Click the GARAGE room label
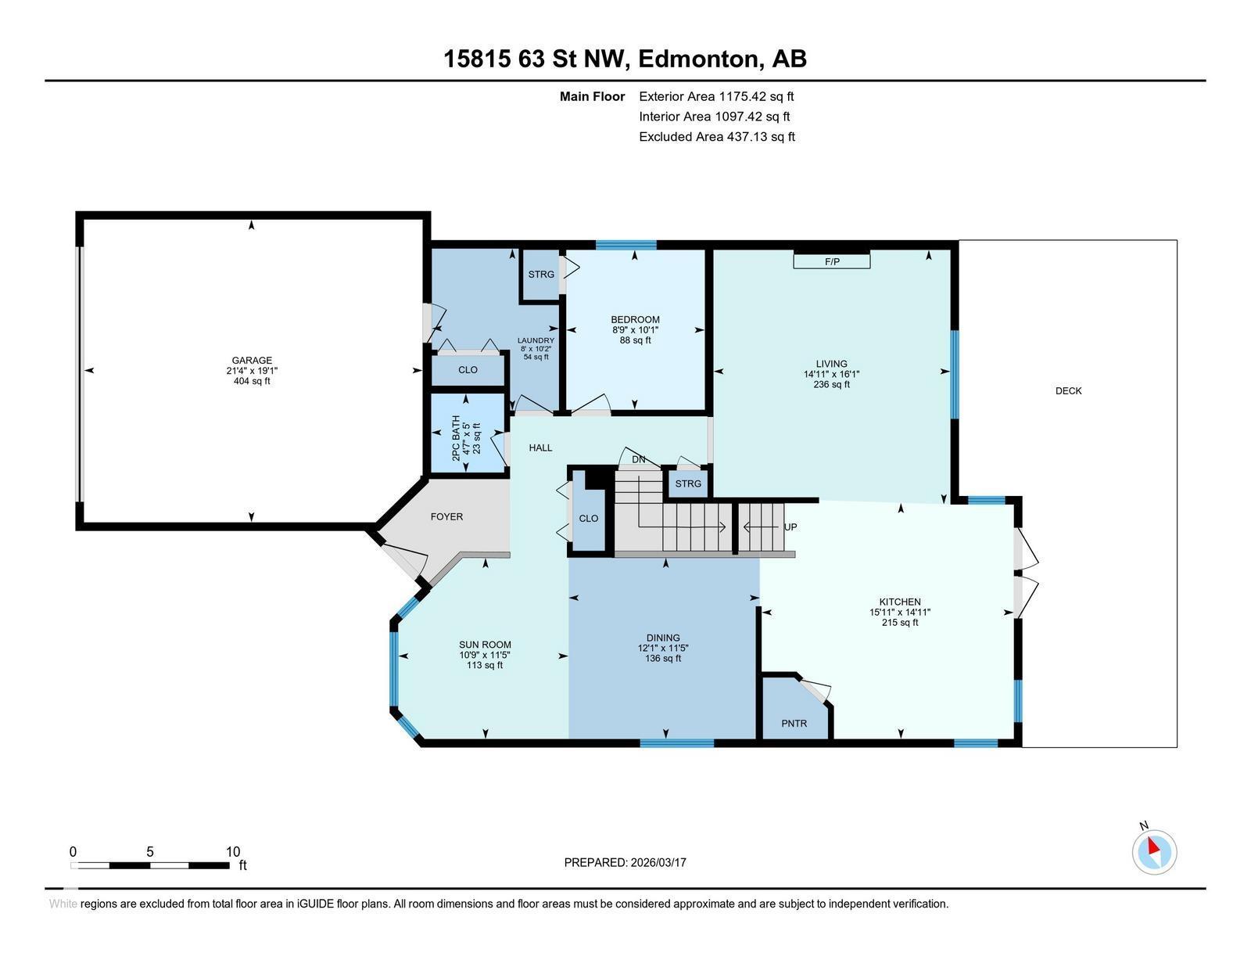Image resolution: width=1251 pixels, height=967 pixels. point(252,361)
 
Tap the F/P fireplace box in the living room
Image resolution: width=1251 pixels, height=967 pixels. point(831,261)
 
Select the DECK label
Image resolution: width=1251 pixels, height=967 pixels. point(1069,390)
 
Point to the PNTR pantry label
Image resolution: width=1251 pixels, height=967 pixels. point(794,724)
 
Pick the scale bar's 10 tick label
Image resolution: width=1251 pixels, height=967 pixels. point(232,851)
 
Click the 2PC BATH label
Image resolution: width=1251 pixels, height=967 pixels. point(456,438)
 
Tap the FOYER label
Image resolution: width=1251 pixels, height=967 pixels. point(446,516)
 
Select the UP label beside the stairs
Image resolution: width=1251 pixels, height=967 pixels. point(790,527)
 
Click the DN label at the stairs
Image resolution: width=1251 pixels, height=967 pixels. point(639,459)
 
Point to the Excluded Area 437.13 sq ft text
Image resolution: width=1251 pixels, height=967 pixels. point(717,136)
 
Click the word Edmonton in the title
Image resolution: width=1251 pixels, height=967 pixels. point(698,59)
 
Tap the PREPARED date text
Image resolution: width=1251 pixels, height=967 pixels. point(625,862)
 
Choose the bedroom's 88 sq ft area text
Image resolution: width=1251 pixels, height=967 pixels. point(635,340)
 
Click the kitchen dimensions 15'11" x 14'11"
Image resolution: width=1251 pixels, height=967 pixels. point(900,613)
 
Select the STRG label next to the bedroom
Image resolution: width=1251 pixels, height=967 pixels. point(541,274)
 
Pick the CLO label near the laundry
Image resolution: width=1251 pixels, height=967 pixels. point(468,370)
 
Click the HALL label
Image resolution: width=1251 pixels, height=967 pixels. point(540,448)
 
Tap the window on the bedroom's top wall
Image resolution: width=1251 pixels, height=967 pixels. point(625,245)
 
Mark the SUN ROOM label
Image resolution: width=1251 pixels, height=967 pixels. point(485,645)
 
